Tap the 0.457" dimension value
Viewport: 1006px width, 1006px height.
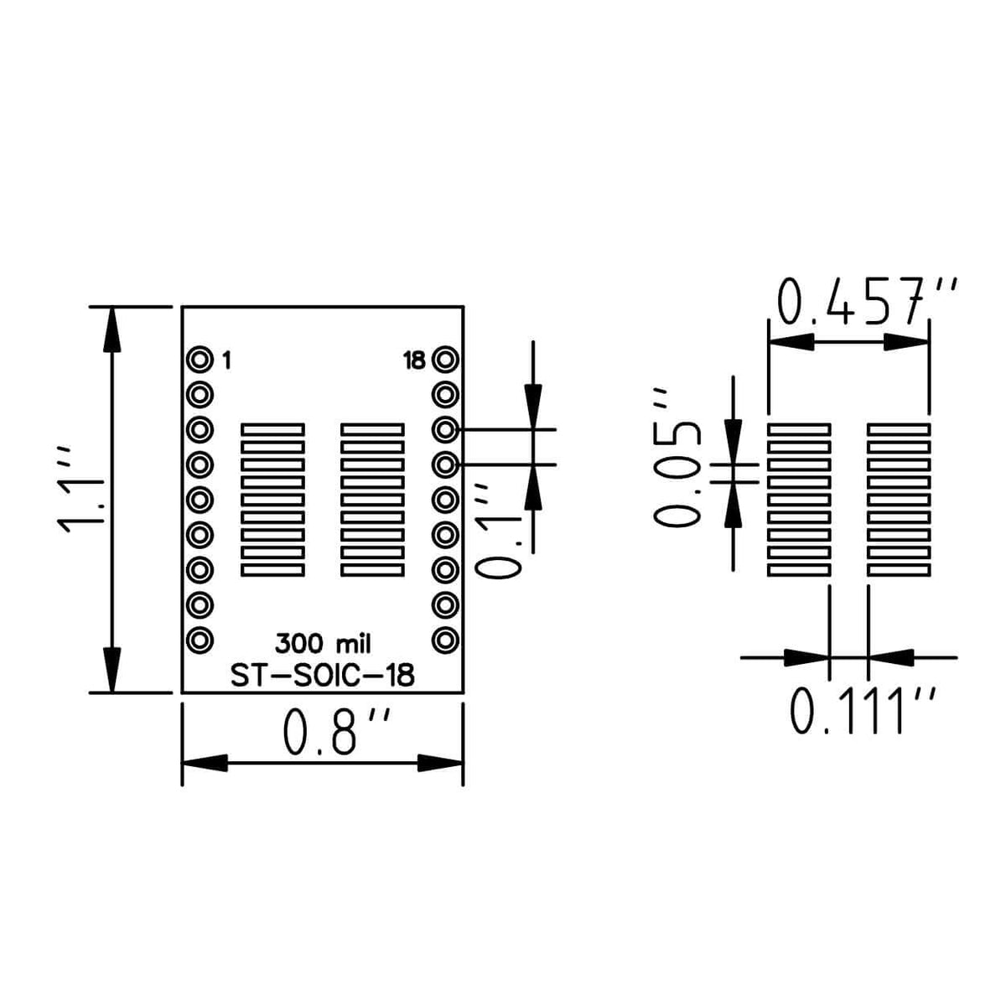(865, 303)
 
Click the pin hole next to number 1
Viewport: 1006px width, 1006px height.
(200, 360)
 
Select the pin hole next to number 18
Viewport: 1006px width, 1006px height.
(445, 360)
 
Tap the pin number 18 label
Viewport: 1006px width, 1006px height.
(414, 361)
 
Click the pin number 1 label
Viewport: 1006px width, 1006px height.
(226, 361)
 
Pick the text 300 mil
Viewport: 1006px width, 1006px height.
(323, 644)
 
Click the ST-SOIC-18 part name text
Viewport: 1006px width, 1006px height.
(323, 676)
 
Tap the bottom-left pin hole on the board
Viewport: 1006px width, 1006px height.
(200, 640)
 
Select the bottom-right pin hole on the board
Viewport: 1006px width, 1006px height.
(445, 640)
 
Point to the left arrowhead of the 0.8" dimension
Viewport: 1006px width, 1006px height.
(205, 763)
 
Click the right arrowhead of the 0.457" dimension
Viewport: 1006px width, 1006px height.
(907, 342)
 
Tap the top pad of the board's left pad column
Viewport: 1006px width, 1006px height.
(272, 429)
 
